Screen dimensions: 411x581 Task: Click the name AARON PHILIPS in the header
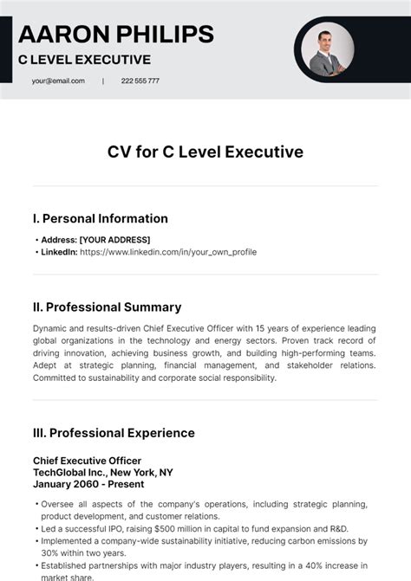[x=115, y=34]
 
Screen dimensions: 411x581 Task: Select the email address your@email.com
[x=58, y=81]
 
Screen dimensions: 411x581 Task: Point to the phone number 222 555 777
[x=140, y=81]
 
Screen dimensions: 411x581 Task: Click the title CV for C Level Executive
[x=205, y=152]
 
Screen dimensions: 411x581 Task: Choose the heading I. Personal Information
[x=101, y=218]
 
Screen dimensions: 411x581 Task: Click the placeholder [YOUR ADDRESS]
[x=114, y=240]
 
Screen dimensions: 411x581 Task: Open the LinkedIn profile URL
[x=167, y=252]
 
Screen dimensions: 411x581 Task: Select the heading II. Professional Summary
[x=107, y=307]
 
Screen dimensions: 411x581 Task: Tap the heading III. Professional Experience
[x=114, y=433]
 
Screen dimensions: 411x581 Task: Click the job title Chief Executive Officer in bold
[x=87, y=461]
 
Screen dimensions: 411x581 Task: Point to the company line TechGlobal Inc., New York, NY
[x=102, y=472]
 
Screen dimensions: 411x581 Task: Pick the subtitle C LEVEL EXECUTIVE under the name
[x=85, y=60]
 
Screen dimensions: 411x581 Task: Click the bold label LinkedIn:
[x=58, y=252]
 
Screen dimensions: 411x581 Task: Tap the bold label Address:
[x=58, y=240]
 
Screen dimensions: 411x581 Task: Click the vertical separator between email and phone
[x=103, y=81]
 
